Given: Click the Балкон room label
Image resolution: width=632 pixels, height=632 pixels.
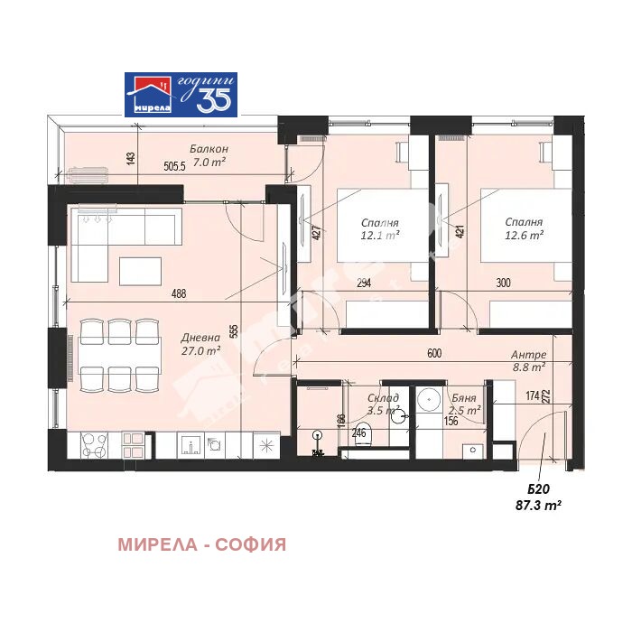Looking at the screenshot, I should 209,148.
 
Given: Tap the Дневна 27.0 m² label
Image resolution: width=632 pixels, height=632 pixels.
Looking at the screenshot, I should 200,343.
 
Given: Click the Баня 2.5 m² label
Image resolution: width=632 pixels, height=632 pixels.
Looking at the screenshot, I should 464,404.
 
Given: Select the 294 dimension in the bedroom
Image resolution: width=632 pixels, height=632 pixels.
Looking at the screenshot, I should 364,283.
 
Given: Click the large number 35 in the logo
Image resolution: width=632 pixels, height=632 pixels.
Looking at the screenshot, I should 215,99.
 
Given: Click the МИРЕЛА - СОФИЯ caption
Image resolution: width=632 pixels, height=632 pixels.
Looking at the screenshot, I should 201,544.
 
